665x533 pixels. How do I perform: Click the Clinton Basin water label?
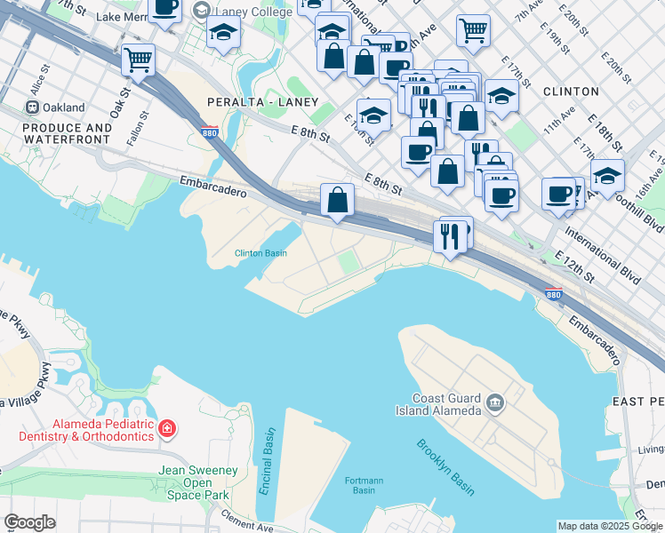pos(260,253)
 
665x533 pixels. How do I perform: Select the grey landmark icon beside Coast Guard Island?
pos(495,408)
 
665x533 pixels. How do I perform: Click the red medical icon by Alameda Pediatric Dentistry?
pos(166,431)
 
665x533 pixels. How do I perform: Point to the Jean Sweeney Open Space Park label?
pos(194,482)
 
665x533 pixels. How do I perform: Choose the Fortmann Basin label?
pos(364,485)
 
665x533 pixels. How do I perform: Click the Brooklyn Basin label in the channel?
pos(445,467)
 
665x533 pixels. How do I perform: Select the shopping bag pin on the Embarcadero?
pos(338,199)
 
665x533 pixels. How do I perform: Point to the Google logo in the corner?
pos(29,522)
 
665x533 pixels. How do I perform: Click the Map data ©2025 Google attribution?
pos(610,526)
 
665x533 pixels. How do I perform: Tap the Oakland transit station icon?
pos(32,107)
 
